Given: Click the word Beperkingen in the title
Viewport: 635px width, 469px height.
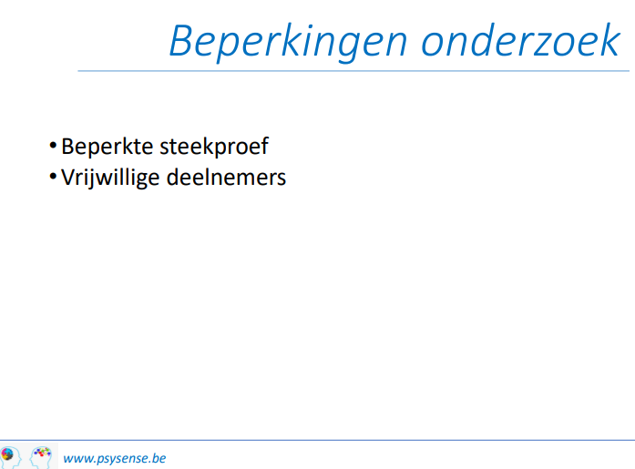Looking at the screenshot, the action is [288, 43].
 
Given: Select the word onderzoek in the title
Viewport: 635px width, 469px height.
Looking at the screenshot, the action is [520, 40].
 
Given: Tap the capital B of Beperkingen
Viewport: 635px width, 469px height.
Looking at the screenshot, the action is [182, 41].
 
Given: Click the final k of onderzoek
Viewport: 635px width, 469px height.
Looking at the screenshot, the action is [609, 40].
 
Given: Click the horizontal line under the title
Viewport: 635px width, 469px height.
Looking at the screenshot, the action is [353, 71].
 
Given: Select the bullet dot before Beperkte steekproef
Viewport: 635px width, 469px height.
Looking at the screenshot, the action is [53, 146].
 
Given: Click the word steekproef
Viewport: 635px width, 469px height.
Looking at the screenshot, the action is [214, 147].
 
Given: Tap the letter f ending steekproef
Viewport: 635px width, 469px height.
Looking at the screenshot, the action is [263, 146].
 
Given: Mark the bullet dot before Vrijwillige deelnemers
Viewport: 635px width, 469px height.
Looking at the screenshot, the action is [53, 177].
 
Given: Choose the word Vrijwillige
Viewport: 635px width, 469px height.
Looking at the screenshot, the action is [110, 178].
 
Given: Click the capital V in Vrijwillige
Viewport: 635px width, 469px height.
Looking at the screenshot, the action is [68, 178].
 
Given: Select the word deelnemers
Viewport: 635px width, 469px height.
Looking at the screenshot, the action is [226, 178].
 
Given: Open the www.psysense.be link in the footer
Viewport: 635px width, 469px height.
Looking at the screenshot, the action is [115, 458].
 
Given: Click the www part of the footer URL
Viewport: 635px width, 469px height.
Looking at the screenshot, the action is [77, 459].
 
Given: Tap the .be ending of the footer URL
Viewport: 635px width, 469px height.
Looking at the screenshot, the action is [159, 458].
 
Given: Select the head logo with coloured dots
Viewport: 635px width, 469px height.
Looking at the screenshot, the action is [41, 456].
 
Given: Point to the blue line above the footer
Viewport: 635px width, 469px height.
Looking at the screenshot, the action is [317, 440].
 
